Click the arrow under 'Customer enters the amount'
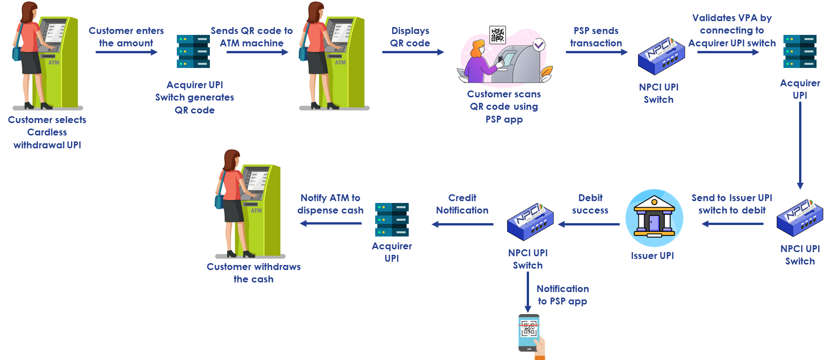point(126,52)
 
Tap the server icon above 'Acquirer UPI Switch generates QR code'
point(193,51)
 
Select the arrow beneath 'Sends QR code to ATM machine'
point(257,52)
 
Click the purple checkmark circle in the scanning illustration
point(539,45)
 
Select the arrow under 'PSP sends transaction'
point(597,52)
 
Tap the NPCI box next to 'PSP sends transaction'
point(661,56)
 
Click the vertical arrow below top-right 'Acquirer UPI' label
point(800,145)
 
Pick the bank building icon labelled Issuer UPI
point(654,218)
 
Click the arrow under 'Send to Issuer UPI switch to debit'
point(732,224)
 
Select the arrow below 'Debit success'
point(589,224)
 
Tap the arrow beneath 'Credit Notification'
point(462,224)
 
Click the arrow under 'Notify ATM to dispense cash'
point(330,224)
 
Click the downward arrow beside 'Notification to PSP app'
point(528,292)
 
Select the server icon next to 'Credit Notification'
point(392,219)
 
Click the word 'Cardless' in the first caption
point(47,132)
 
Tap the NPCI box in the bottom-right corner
point(800,218)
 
